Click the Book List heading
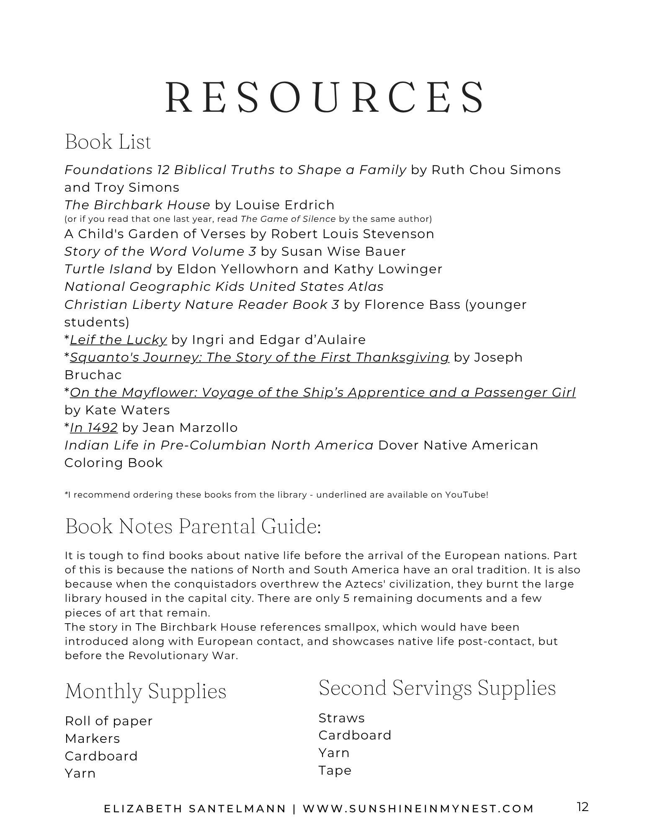pyautogui.click(x=108, y=142)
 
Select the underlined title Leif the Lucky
pyautogui.click(x=119, y=340)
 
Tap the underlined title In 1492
pyautogui.click(x=94, y=428)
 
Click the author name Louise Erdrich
pyautogui.click(x=285, y=205)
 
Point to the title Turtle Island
pyautogui.click(x=108, y=269)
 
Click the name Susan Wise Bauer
pyautogui.click(x=343, y=252)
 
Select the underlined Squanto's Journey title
pyautogui.click(x=259, y=357)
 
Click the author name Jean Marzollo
pyautogui.click(x=190, y=428)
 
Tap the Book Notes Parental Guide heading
pyautogui.click(x=193, y=526)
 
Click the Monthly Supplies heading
pyautogui.click(x=146, y=691)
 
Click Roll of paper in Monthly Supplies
pyautogui.click(x=109, y=721)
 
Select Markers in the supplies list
pyautogui.click(x=93, y=739)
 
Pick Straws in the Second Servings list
pyautogui.click(x=342, y=718)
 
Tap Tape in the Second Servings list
pyautogui.click(x=335, y=770)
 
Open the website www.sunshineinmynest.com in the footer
pyautogui.click(x=418, y=809)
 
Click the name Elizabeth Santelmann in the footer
pyautogui.click(x=195, y=809)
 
